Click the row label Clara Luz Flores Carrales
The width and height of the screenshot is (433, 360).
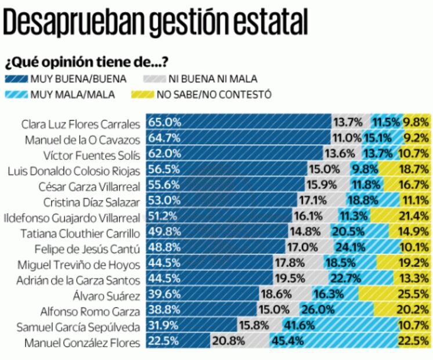tap(81, 124)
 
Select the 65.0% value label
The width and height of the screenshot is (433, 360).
tap(165, 123)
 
